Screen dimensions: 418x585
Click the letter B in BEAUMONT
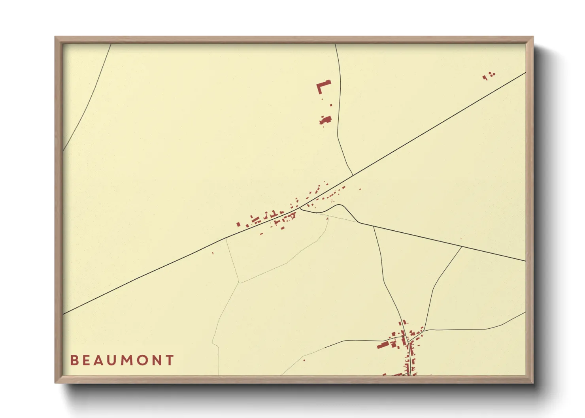tap(74, 360)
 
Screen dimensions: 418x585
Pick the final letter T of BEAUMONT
tap(170, 360)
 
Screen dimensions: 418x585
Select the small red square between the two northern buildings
tap(331, 105)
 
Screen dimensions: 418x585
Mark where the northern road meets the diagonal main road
tap(353, 175)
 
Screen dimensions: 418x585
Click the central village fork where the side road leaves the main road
tap(300, 208)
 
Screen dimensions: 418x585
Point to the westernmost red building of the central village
tap(238, 224)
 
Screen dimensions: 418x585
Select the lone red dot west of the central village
tap(213, 253)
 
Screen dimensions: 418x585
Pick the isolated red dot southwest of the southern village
tap(304, 360)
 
